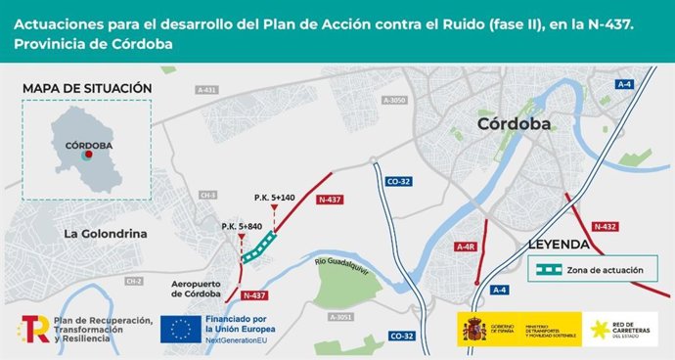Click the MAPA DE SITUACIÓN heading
pyautogui.click(x=86, y=88)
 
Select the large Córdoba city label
pyautogui.click(x=514, y=124)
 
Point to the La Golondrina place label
pyautogui.click(x=105, y=234)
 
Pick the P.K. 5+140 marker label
pyautogui.click(x=274, y=198)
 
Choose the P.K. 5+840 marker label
pyautogui.click(x=241, y=226)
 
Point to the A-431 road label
pyautogui.click(x=205, y=89)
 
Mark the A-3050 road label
pyautogui.click(x=394, y=100)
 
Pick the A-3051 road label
pyautogui.click(x=340, y=317)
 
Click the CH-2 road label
pyautogui.click(x=134, y=281)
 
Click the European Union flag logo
pyautogui.click(x=181, y=331)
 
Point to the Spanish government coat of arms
pyautogui.click(x=473, y=330)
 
